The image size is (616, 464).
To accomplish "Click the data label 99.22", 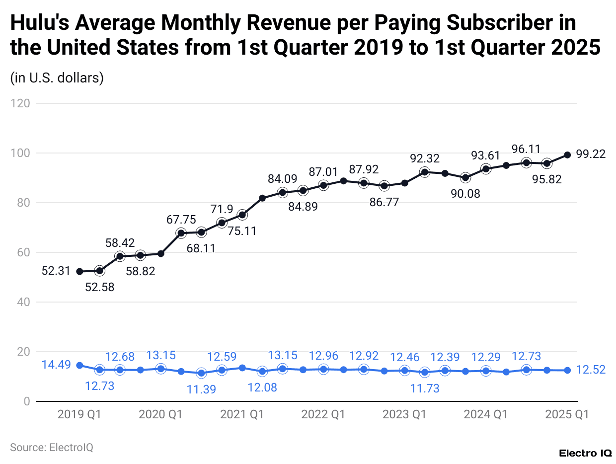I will tap(591, 155).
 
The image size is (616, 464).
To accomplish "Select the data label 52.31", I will tap(55, 271).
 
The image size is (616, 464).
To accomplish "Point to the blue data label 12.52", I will tap(591, 370).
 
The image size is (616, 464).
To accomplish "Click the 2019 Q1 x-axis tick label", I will tap(79, 414).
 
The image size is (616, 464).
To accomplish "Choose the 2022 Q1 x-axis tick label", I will tap(323, 414).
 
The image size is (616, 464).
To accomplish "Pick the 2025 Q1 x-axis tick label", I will tap(567, 414).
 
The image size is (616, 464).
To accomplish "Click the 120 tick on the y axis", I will tap(22, 103).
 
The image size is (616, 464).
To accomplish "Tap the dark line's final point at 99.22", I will tap(567, 155).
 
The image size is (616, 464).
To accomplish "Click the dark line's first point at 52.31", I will tap(79, 271).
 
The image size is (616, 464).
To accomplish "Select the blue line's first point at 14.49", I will tap(79, 365).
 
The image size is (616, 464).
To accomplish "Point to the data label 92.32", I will tap(425, 158).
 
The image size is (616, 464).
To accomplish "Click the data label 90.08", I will tap(465, 194).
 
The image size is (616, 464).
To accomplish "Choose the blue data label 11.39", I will tap(201, 389).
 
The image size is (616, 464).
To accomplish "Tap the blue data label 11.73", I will tap(425, 388).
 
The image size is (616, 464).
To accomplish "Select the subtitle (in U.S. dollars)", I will tap(57, 78).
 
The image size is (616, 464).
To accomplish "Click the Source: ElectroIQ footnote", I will tap(52, 447).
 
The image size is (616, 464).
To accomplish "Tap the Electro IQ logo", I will tap(586, 453).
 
